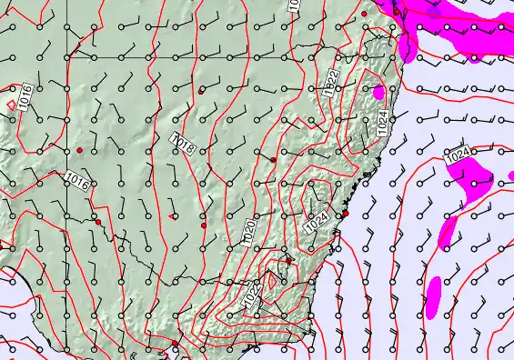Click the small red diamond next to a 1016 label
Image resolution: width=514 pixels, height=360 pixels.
pos(11,105)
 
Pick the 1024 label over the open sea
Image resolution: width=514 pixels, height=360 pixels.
pos(459,156)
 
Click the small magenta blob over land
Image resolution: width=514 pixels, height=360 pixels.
pos(378,92)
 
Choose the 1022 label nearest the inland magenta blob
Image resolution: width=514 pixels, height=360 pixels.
pos(331,84)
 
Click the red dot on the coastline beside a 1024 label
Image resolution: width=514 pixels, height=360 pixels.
pos(346,214)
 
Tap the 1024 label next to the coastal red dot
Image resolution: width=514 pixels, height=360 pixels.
pos(317,220)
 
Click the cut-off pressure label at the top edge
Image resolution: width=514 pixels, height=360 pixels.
pos(293,5)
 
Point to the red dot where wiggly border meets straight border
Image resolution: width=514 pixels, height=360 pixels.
pos(97,222)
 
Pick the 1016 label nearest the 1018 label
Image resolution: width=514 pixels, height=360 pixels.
pos(79,182)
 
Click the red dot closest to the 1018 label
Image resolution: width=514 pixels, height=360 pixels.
pos(201,92)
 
